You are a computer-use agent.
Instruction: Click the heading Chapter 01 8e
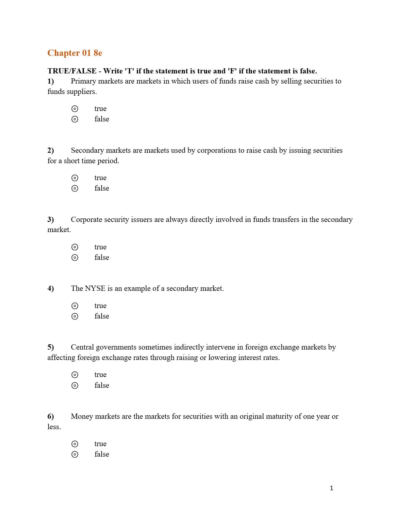point(75,53)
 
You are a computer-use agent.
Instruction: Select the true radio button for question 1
point(75,109)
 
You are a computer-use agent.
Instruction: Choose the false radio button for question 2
point(75,188)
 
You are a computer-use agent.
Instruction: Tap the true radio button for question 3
point(75,247)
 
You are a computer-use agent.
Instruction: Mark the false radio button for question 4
point(75,316)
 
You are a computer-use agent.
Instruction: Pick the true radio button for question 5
point(75,375)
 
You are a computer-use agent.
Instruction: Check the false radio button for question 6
point(75,454)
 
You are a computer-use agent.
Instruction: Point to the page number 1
point(331,488)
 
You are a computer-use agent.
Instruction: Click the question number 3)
point(51,219)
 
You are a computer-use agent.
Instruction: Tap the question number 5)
point(51,347)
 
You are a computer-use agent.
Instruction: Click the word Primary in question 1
point(83,81)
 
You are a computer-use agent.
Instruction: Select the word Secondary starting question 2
point(87,150)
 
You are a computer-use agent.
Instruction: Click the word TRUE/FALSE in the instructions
point(72,71)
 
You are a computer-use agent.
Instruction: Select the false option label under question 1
point(102,119)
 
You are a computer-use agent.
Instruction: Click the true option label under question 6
point(100,444)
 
